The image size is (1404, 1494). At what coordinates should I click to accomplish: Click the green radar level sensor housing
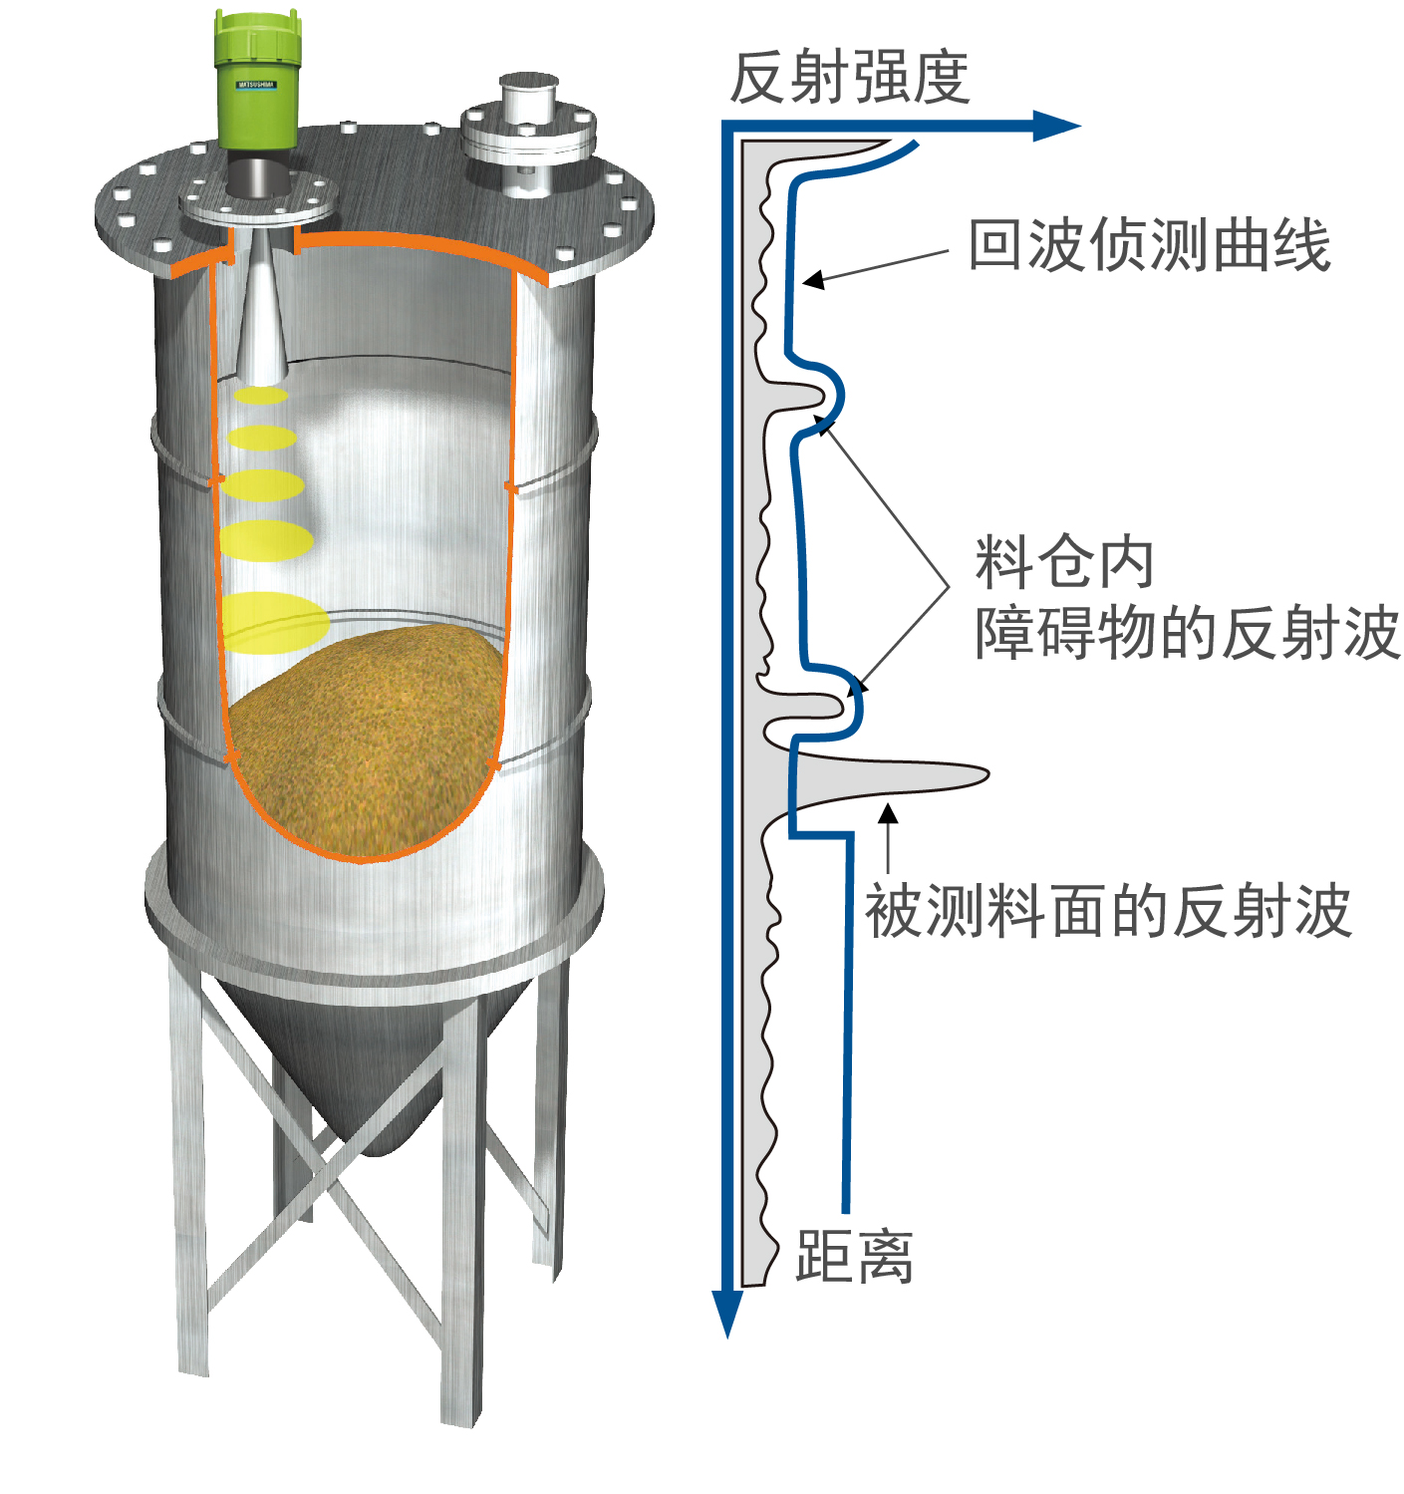pyautogui.click(x=256, y=82)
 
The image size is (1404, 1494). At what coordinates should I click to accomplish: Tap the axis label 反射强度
pyautogui.click(x=849, y=78)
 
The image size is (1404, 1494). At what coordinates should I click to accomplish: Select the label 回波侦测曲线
pyautogui.click(x=1149, y=244)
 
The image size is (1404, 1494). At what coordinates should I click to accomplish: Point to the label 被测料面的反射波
pyautogui.click(x=1107, y=911)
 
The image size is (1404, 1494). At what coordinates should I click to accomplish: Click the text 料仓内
pyautogui.click(x=1064, y=562)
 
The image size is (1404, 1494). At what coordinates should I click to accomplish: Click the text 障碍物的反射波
pyautogui.click(x=1188, y=633)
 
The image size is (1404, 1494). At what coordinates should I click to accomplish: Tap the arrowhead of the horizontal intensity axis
pyautogui.click(x=1056, y=126)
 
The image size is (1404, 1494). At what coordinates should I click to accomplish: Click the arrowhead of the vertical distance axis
pyautogui.click(x=726, y=1313)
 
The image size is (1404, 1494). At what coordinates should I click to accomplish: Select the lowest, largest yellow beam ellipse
pyautogui.click(x=275, y=622)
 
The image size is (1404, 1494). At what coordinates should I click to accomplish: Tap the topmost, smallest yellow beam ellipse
pyautogui.click(x=260, y=395)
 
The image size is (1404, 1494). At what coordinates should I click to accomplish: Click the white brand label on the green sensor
pyautogui.click(x=256, y=85)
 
